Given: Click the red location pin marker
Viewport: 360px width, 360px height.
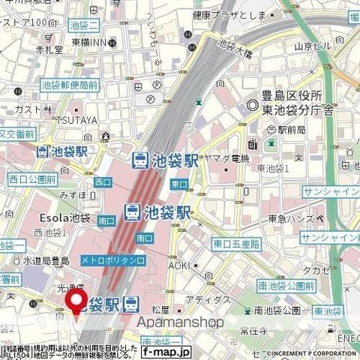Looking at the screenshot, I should point(76,302).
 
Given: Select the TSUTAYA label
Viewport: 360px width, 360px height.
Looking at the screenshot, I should point(71,120).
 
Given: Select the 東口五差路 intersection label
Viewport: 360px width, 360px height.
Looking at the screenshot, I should point(235,244).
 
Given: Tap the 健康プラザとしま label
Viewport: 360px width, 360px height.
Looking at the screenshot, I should point(224,14).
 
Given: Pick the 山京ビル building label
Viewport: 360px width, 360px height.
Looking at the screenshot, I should point(312,46).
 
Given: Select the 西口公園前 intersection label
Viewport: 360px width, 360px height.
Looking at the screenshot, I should point(32,179).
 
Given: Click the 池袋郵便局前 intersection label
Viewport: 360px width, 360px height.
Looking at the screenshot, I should point(69,85).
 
